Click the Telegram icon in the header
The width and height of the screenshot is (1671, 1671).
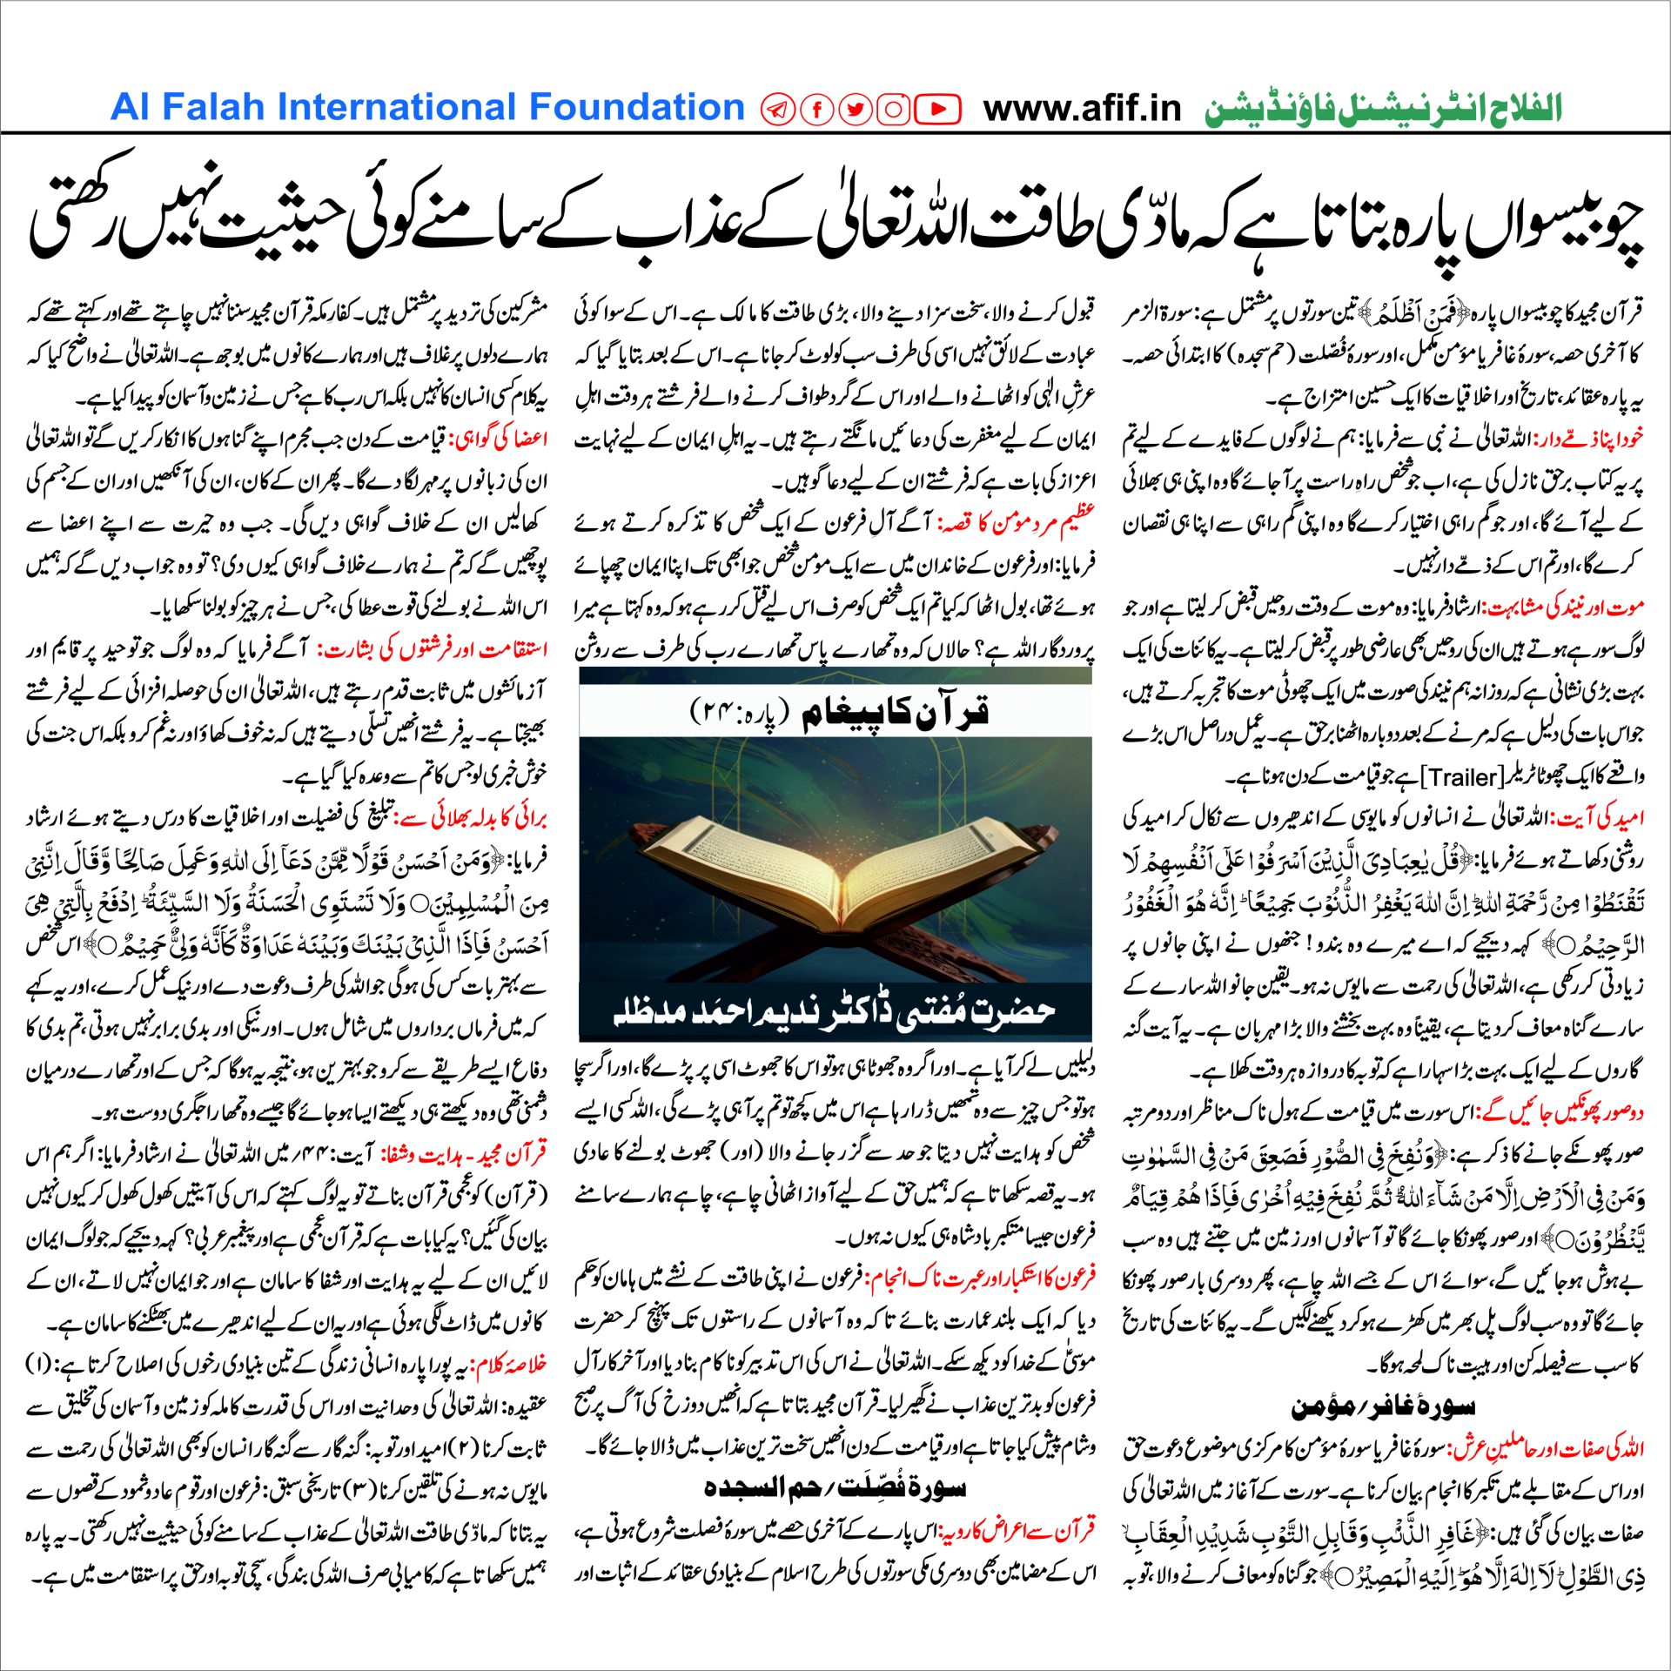777,110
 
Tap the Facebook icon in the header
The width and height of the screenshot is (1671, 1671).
816,110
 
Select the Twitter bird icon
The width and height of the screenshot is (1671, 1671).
855,110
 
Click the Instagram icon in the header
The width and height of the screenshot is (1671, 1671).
893,110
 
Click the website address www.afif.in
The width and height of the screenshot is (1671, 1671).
1082,109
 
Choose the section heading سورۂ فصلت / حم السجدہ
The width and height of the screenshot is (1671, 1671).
835,1487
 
